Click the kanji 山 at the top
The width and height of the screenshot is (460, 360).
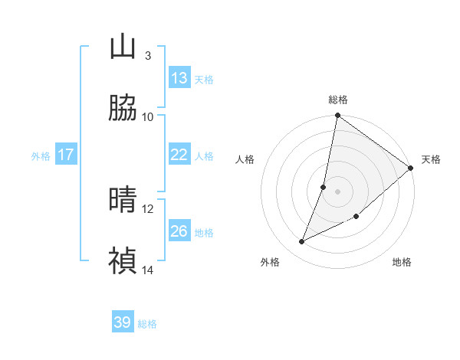coord(123,47)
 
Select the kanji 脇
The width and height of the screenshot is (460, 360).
coord(123,108)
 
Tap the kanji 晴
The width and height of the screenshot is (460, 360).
coord(123,200)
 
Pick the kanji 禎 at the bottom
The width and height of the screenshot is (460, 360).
coord(123,261)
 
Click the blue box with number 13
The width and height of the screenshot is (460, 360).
coord(179,78)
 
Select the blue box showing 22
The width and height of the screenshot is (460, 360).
coord(179,155)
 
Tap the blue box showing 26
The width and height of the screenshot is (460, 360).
coord(179,231)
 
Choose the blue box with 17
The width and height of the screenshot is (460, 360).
coord(66,155)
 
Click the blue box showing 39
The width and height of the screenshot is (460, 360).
coord(123,322)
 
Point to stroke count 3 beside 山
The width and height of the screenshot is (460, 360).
coord(148,55)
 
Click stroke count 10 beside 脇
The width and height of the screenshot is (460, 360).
coord(148,116)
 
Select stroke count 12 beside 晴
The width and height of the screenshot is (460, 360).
coord(148,208)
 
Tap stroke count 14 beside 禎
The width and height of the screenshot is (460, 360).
coord(148,270)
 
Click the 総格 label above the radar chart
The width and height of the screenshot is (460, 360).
coord(338,100)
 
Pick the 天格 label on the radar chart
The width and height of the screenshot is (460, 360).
coord(431,159)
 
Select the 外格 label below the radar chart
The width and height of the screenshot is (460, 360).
coord(270,262)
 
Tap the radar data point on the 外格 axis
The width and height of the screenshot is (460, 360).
coord(302,242)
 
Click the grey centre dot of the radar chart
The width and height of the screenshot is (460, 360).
coord(338,191)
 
